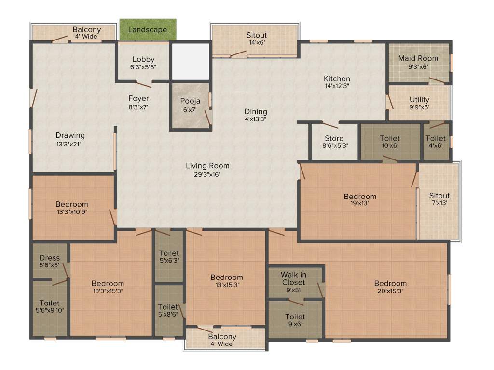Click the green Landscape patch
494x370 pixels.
point(148,30)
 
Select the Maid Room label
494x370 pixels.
point(418,58)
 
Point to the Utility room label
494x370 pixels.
point(419,100)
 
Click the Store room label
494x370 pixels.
point(334,139)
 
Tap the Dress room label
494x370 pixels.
point(50,258)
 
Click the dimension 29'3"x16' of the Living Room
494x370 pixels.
point(207,174)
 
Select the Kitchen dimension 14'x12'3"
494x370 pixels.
point(337,86)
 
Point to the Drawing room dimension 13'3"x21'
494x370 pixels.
point(70,144)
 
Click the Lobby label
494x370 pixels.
point(143,59)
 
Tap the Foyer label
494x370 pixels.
point(138,98)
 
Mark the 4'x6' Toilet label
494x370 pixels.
point(436,139)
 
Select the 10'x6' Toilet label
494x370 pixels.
point(390,139)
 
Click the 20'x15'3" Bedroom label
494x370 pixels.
point(390,283)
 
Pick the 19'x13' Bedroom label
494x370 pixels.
point(360,197)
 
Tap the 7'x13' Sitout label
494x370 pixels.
point(439,196)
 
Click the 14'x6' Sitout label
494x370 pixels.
point(257,35)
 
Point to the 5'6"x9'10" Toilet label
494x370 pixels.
point(50,303)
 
